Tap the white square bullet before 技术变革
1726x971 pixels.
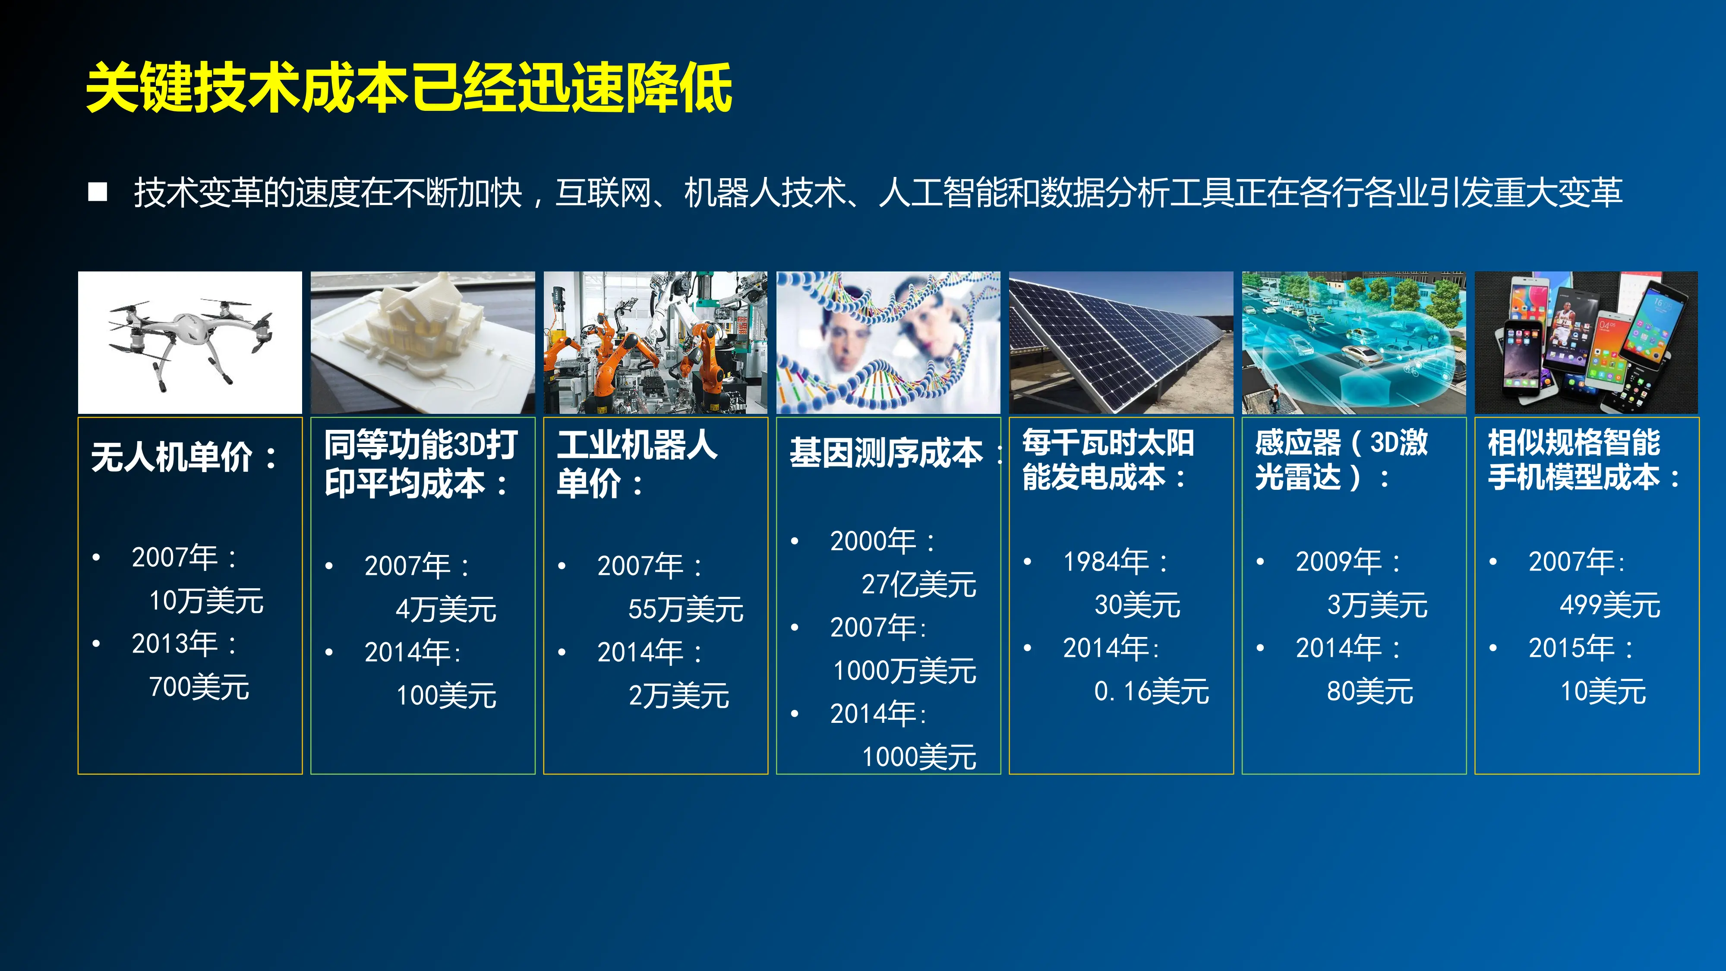(x=98, y=192)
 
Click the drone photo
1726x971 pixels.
(x=189, y=342)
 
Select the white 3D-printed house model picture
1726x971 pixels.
(x=422, y=342)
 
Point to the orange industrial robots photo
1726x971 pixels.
(x=655, y=342)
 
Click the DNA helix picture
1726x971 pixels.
(x=888, y=342)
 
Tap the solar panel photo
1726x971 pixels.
(x=1120, y=342)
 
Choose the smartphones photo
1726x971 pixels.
(x=1586, y=342)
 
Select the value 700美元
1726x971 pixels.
(x=199, y=687)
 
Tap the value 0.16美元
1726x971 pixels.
(x=1151, y=691)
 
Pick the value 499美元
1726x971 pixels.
(x=1609, y=605)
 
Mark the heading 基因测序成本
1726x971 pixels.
(x=886, y=454)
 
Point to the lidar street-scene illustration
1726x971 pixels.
(x=1354, y=342)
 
